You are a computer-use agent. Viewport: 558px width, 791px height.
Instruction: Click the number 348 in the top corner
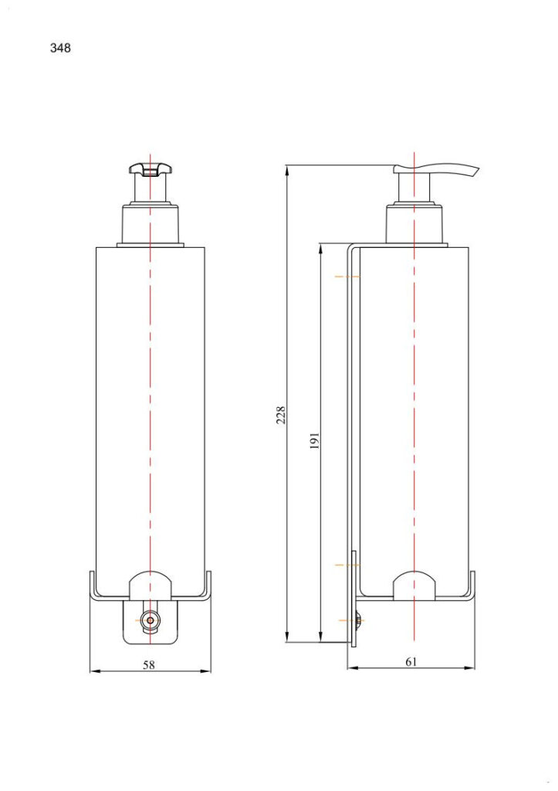click(60, 48)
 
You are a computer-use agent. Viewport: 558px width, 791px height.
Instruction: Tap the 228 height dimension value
click(282, 415)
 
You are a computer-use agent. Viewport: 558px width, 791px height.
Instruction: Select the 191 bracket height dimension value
click(315, 441)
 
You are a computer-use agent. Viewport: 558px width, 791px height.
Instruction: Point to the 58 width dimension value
click(149, 664)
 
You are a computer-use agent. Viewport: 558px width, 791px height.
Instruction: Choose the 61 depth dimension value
click(411, 662)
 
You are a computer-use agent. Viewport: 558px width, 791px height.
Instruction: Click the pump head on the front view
click(150, 169)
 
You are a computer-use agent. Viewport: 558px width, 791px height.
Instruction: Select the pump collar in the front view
click(150, 224)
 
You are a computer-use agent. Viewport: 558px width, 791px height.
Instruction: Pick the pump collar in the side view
click(415, 225)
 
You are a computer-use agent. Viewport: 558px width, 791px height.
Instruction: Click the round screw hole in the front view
click(150, 620)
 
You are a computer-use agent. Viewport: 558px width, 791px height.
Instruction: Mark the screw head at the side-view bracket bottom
click(360, 620)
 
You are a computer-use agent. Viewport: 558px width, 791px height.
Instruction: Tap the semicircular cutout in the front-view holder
click(150, 586)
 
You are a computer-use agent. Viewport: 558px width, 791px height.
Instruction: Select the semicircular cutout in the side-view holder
click(415, 586)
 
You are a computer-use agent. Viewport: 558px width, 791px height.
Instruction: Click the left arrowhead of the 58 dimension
click(93, 670)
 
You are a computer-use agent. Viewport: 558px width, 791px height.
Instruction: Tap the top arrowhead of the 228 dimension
click(286, 168)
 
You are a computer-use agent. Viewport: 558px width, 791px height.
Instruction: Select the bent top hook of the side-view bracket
click(352, 248)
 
